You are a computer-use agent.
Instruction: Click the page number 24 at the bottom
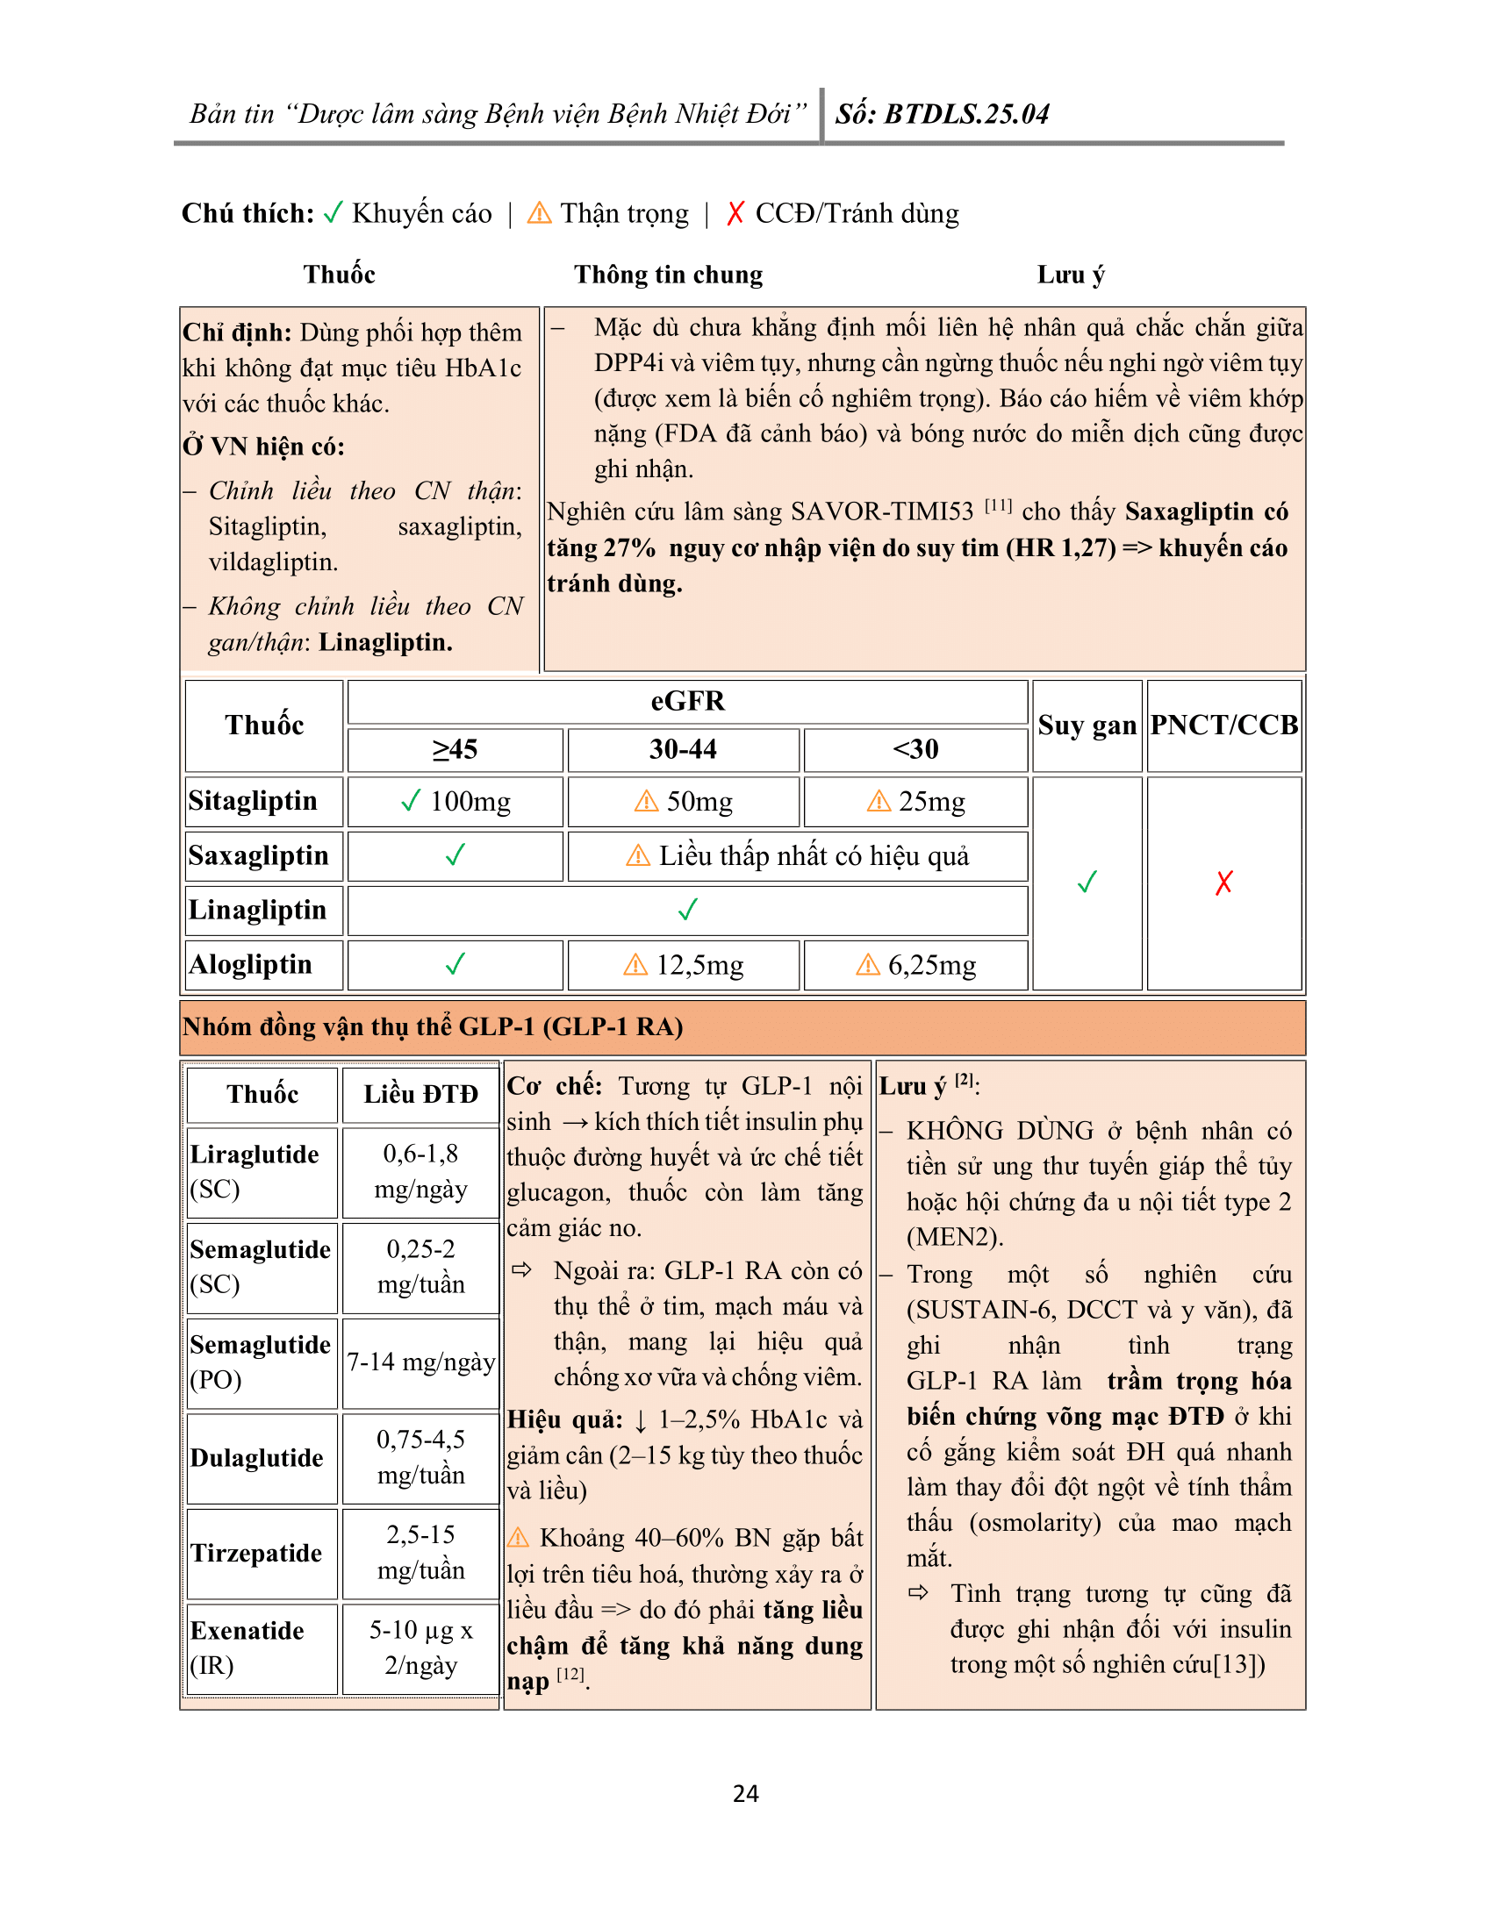click(745, 1793)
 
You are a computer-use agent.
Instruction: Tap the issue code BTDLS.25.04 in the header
click(966, 114)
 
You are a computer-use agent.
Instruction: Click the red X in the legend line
click(735, 213)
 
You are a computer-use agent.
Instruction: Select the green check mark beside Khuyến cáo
click(333, 213)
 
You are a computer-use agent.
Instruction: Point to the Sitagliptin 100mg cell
click(455, 802)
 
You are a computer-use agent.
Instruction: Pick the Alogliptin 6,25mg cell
click(915, 965)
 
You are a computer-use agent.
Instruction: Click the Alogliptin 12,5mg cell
click(683, 965)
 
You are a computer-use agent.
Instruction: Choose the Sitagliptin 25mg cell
click(915, 802)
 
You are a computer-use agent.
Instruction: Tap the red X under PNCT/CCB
click(1223, 882)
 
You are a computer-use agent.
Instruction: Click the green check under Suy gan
click(1087, 882)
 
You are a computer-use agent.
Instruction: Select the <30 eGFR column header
click(915, 749)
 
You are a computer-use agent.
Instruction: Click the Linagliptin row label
click(257, 911)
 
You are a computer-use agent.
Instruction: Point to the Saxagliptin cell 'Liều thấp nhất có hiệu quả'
click(797, 855)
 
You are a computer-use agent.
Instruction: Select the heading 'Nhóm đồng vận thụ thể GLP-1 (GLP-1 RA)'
click(432, 1027)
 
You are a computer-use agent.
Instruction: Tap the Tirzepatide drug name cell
click(256, 1553)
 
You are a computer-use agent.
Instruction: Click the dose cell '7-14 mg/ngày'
click(420, 1362)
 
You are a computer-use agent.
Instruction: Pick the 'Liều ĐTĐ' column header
click(420, 1094)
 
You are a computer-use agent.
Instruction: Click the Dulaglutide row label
click(256, 1457)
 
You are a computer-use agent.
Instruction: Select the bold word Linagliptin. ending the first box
click(385, 642)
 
